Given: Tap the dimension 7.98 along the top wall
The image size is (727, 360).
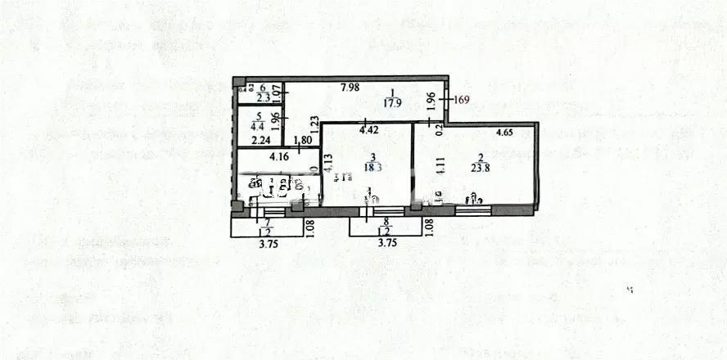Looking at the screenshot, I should pos(350,88).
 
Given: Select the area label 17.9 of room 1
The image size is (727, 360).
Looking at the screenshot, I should pos(394,103).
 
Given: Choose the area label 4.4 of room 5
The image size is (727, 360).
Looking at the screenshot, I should pos(258,126).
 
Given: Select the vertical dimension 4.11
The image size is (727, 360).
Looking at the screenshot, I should pos(439,169).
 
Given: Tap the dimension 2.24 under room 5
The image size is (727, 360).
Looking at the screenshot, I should pos(262,140).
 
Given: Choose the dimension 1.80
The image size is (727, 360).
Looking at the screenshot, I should pos(302,140).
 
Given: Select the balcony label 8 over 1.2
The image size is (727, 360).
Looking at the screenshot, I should pos(383,226).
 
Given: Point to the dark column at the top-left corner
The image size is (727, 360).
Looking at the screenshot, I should pos(238,82).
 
